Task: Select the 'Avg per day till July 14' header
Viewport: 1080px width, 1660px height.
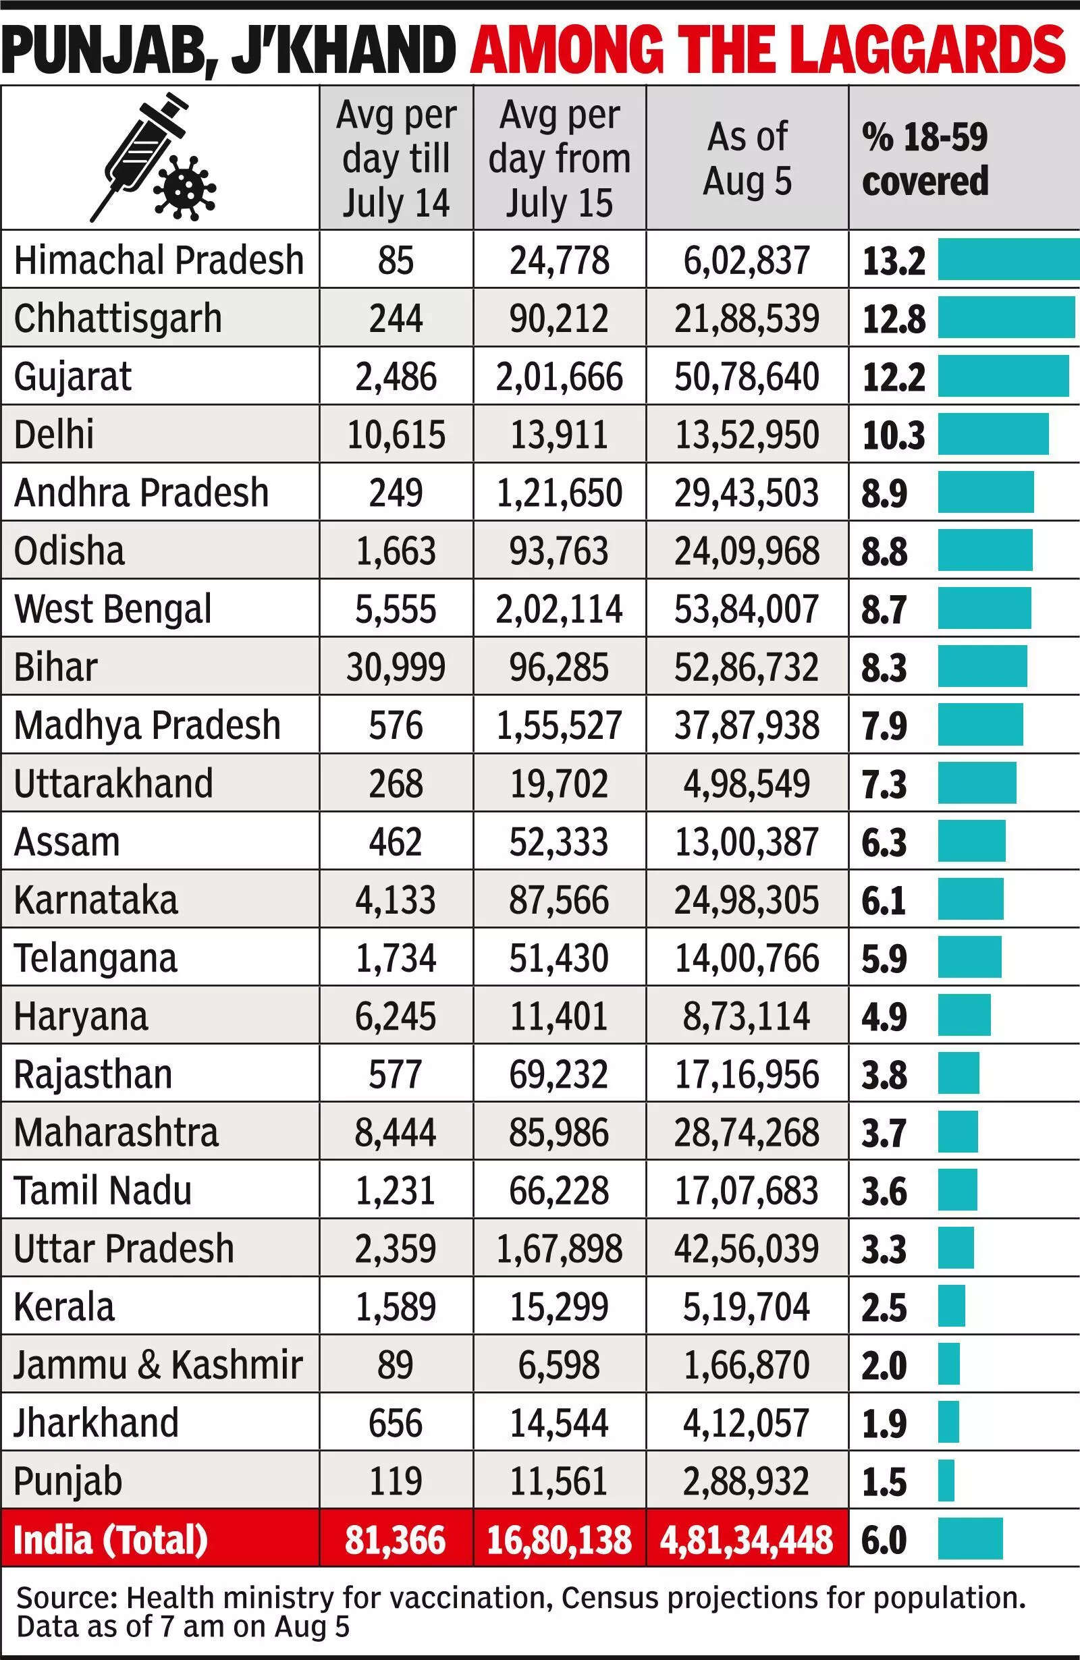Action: (396, 159)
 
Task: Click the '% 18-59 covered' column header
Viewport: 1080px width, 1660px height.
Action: (925, 159)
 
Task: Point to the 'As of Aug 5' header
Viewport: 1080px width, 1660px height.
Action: (747, 159)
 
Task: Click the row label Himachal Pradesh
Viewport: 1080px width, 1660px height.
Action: (159, 260)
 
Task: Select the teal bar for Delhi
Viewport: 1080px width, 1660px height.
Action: (993, 434)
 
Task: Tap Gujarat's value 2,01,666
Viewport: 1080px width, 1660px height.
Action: (560, 377)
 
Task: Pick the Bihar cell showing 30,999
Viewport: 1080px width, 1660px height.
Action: (396, 667)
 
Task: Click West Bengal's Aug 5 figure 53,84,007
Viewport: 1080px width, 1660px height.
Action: (747, 609)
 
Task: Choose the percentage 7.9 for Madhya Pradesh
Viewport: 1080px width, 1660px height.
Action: (884, 725)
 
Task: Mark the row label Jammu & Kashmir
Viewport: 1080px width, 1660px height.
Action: (159, 1364)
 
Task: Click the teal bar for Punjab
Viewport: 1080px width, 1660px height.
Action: (946, 1480)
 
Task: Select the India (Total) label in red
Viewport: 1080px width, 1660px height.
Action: (111, 1539)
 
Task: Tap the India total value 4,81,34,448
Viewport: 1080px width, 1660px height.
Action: (747, 1539)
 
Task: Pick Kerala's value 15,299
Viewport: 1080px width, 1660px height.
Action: (560, 1306)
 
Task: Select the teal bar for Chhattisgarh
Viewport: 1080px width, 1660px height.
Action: (1006, 317)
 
